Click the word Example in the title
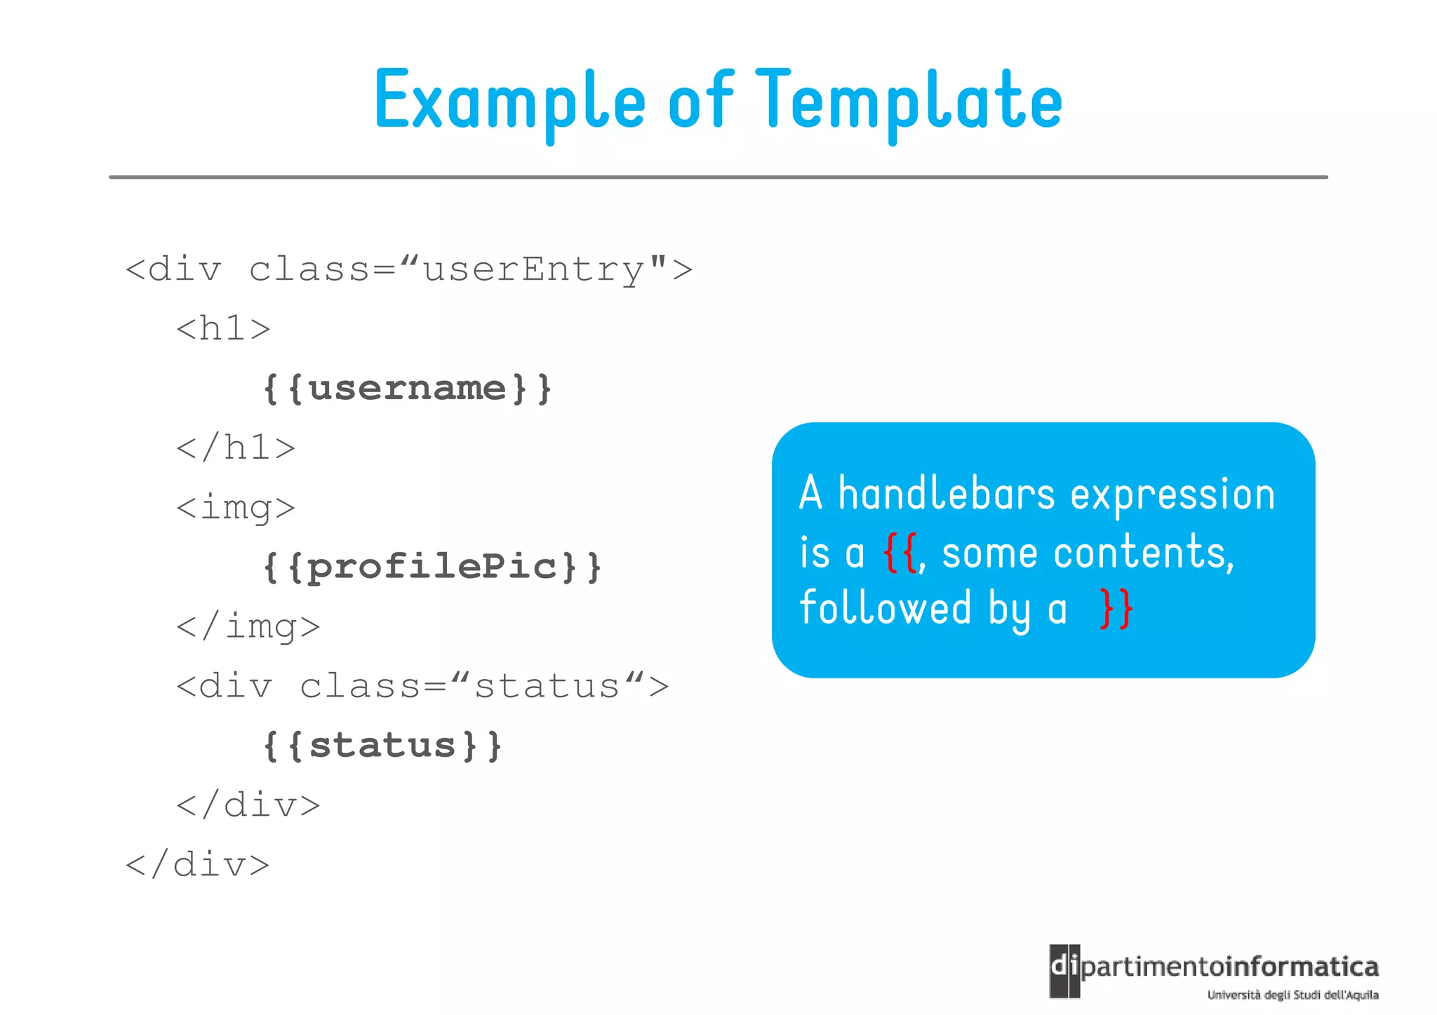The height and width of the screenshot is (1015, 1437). (x=509, y=102)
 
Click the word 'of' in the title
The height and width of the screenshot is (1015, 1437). (x=700, y=102)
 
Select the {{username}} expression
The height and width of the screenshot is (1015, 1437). (x=406, y=388)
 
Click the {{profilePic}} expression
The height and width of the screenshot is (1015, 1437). (x=432, y=567)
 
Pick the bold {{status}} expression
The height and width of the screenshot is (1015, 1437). (x=382, y=745)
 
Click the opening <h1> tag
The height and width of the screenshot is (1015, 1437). (x=223, y=328)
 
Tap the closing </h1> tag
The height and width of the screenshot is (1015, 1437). (x=236, y=448)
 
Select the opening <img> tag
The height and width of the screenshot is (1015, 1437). (x=236, y=507)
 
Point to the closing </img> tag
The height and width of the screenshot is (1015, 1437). (x=248, y=626)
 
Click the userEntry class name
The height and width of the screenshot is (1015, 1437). (x=534, y=269)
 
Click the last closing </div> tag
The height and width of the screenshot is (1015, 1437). (x=197, y=864)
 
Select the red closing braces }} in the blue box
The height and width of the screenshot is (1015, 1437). (x=1116, y=609)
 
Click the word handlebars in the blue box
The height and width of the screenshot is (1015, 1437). (x=947, y=494)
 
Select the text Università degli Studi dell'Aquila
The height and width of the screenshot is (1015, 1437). (x=1292, y=995)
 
